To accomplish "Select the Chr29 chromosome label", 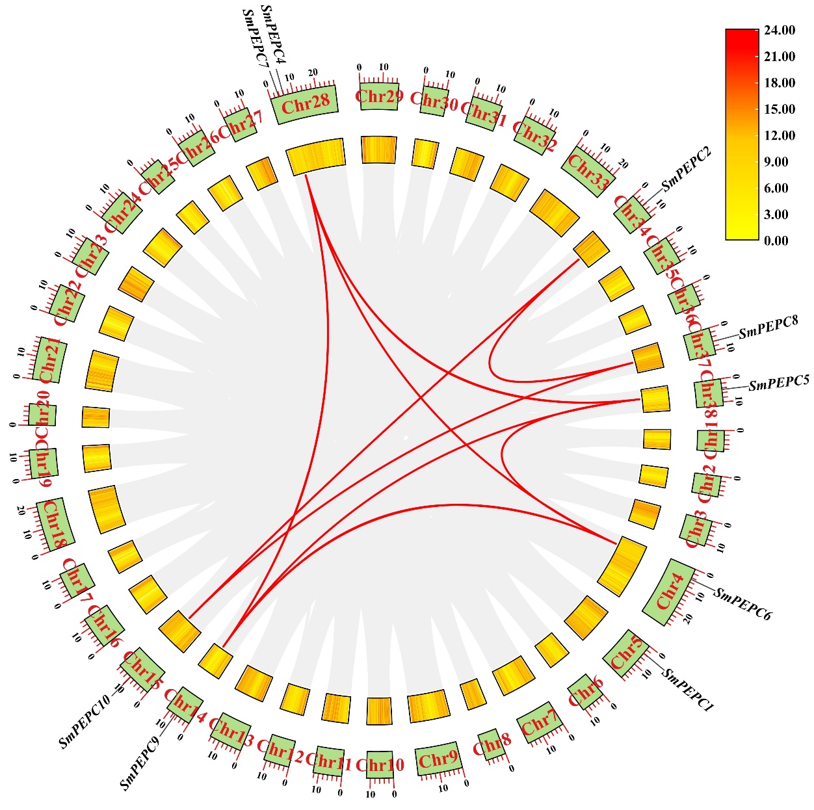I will [379, 97].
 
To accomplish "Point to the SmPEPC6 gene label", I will [742, 604].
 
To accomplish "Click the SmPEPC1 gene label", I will [688, 689].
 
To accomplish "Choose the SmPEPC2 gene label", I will [687, 170].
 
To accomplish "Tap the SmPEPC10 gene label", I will [85, 721].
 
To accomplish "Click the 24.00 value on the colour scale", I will [780, 31].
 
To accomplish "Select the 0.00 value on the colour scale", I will [776, 241].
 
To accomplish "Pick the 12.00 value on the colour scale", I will [780, 135].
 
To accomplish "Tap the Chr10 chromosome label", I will [380, 764].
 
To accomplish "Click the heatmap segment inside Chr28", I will [315, 156].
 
